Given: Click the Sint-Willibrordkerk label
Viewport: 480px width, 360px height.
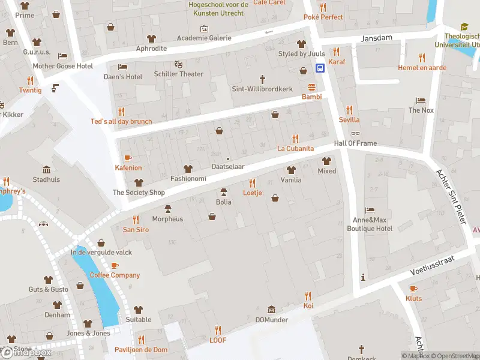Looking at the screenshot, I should tap(262, 89).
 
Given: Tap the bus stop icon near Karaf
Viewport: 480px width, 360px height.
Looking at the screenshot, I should tap(320, 67).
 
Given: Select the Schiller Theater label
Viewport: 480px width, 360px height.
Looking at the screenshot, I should tap(178, 74).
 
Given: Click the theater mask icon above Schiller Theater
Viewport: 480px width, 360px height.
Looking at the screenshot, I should tap(178, 64).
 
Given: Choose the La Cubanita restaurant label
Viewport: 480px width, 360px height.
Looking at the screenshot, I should tap(295, 148).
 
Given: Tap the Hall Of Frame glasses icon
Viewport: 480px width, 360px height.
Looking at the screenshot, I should tap(356, 134).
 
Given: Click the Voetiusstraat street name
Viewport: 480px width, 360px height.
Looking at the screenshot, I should tap(433, 265).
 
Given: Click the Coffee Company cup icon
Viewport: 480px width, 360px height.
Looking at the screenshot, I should tap(115, 265).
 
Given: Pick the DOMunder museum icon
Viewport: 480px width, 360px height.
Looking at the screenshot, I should tap(271, 310).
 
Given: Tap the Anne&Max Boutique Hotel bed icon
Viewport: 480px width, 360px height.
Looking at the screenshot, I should tap(370, 210).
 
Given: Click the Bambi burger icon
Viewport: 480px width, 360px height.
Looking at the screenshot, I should tap(311, 86).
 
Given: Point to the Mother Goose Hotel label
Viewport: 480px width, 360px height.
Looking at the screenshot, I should tap(63, 66).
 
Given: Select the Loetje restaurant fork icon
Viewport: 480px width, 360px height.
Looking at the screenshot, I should tap(252, 183).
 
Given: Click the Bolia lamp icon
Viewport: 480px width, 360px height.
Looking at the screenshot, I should tap(224, 192).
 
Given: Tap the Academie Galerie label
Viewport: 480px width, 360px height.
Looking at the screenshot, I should tap(204, 38).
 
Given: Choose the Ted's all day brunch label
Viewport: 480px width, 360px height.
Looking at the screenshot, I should tap(121, 121).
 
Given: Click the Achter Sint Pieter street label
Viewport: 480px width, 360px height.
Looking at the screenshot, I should tap(451, 197).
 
